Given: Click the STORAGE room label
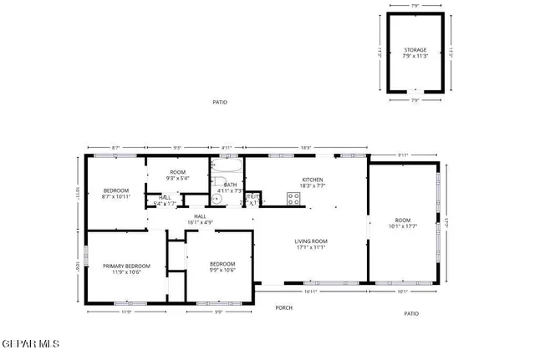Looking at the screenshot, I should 415,50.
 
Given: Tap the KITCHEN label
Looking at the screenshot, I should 312,180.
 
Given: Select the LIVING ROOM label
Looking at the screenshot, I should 310,241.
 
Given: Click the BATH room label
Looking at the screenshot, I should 230,185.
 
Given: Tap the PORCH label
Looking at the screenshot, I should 284,307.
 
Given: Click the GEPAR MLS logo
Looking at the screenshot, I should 31,343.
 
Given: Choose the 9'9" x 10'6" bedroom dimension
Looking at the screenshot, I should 222,269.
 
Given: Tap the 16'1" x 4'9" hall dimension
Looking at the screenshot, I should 200,222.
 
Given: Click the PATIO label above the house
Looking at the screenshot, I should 220,103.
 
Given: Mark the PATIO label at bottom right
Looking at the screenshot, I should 411,314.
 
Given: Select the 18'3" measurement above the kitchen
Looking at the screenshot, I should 306,148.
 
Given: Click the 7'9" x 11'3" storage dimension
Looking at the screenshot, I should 415,57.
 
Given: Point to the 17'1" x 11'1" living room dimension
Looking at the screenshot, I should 310,247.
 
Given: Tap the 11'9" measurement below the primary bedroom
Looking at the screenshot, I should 126,312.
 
